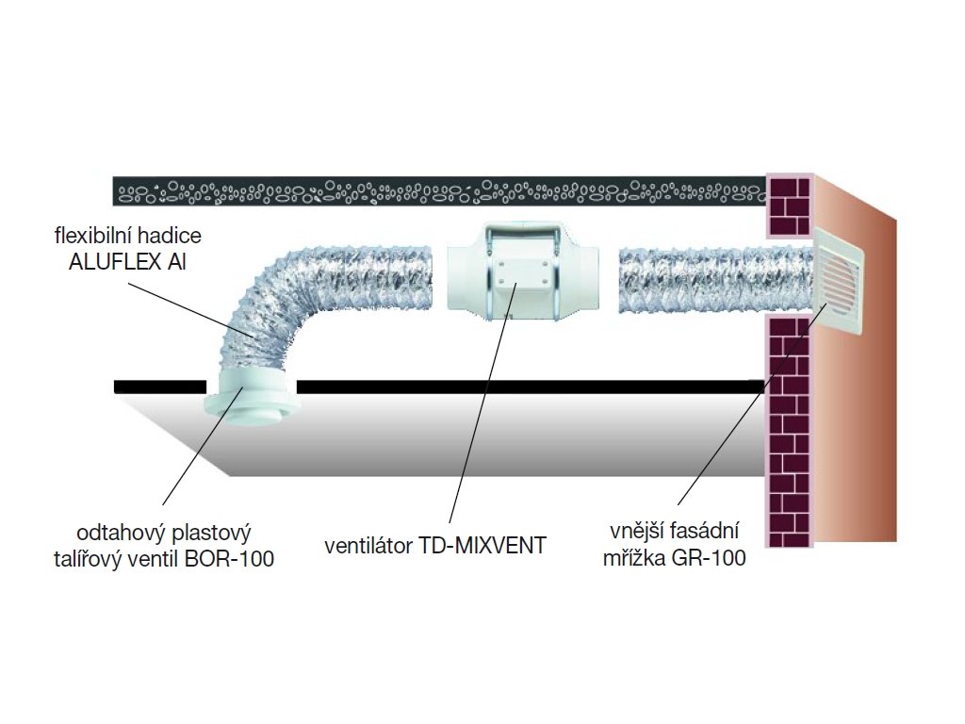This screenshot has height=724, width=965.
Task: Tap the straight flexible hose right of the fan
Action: click(712, 280)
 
